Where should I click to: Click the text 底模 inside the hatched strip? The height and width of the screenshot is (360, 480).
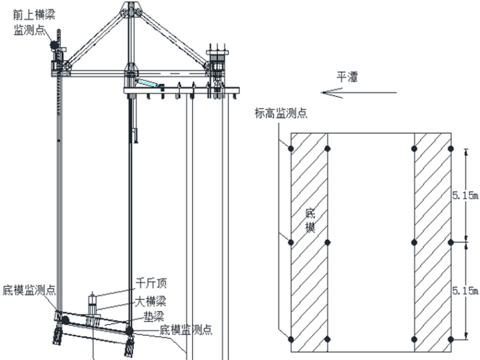pos(309,219)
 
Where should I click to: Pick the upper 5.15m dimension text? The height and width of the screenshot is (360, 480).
pos(466,196)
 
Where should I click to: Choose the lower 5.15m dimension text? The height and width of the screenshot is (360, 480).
pos(466,291)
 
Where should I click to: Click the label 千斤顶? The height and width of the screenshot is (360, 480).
pos(152,283)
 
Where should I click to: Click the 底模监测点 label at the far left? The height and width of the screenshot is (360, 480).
pos(29,290)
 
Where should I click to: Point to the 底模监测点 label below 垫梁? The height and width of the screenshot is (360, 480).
pos(185,329)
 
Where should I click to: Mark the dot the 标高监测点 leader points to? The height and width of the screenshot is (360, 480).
pos(291,148)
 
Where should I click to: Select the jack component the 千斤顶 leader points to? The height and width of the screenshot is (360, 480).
pos(93,301)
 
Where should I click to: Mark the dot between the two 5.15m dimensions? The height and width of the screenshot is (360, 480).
pos(450,242)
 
